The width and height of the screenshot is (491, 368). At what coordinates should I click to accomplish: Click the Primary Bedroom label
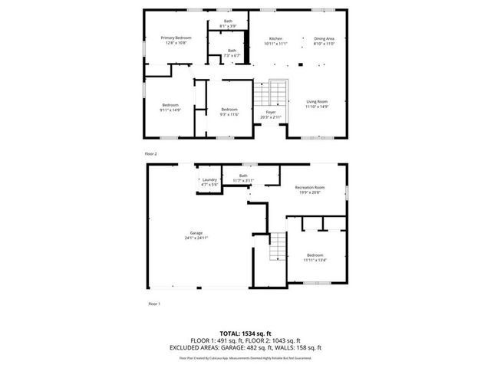click(x=176, y=40)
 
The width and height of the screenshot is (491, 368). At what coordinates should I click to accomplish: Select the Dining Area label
click(x=325, y=40)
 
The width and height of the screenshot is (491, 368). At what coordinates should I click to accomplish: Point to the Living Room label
click(x=317, y=103)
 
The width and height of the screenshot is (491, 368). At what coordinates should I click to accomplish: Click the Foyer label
click(x=271, y=114)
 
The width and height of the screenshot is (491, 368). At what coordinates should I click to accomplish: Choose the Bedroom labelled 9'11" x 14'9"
click(x=170, y=107)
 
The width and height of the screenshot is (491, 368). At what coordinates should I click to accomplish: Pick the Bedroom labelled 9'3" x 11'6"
click(x=229, y=111)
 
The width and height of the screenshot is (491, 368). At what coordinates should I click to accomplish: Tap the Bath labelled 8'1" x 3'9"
click(x=228, y=24)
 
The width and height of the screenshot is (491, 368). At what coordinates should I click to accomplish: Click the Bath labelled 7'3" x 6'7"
click(x=232, y=53)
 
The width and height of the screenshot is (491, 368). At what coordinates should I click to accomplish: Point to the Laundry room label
click(x=209, y=182)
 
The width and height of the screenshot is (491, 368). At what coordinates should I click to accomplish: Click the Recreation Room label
click(x=310, y=189)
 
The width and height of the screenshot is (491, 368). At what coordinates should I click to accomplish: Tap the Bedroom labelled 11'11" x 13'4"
click(x=315, y=257)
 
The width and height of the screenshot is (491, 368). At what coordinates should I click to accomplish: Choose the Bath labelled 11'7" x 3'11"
click(x=243, y=178)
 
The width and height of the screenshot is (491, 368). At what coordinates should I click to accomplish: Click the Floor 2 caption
click(x=150, y=153)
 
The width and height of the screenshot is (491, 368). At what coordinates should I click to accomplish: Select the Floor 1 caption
click(x=153, y=304)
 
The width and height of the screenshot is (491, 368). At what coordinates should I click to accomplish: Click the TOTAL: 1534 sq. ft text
click(x=245, y=334)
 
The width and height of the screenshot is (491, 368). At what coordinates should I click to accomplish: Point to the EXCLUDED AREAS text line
click(x=245, y=347)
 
